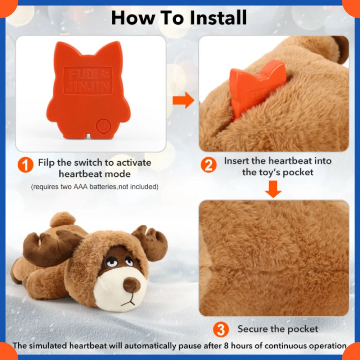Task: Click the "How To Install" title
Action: pyautogui.click(x=179, y=18)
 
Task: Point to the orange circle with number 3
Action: pyautogui.click(x=221, y=329)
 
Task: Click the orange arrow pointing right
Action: pyautogui.click(x=183, y=102)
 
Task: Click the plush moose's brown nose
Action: pyautogui.click(x=131, y=285)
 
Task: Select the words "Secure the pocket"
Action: pyautogui.click(x=278, y=329)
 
